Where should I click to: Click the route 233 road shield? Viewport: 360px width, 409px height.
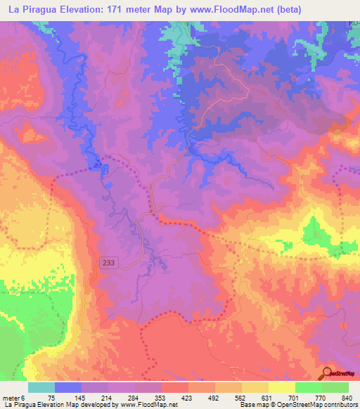[108, 262]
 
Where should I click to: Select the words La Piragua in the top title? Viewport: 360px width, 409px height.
[31, 9]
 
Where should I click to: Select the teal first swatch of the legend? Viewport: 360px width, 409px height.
[41, 388]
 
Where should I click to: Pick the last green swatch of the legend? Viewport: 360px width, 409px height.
[335, 388]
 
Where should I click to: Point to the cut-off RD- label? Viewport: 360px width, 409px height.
[353, 24]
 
